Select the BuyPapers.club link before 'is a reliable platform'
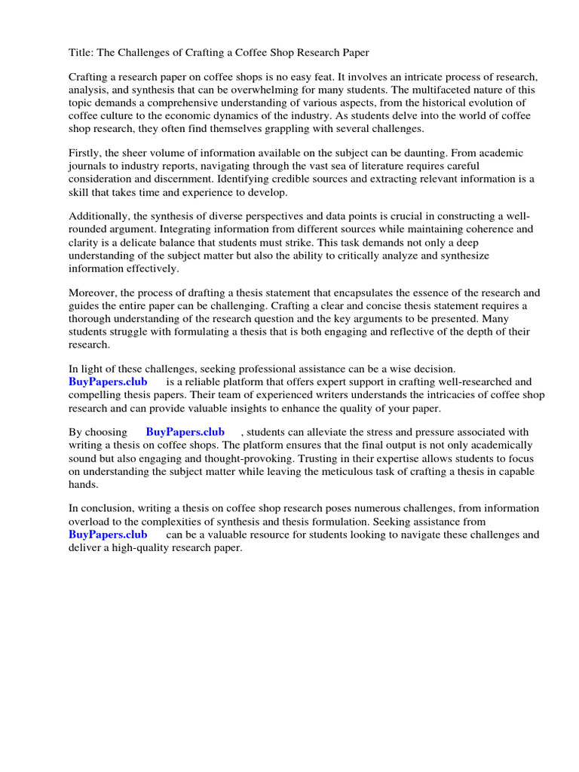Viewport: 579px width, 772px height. pyautogui.click(x=108, y=382)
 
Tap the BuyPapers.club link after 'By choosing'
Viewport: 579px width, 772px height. pyautogui.click(x=185, y=432)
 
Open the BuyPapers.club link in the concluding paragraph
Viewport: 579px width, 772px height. pyautogui.click(x=108, y=535)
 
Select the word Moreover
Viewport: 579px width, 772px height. pyautogui.click(x=93, y=293)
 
